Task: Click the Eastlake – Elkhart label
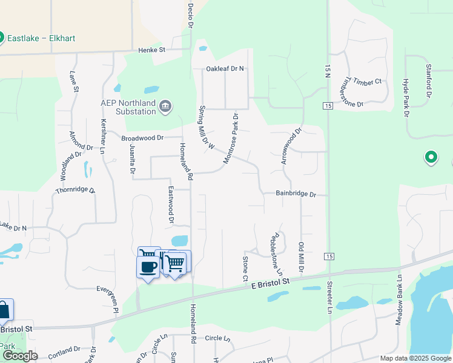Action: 41,38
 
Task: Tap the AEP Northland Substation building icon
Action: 165,108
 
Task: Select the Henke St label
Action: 151,50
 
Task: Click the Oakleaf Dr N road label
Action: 225,69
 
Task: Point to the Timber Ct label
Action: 369,82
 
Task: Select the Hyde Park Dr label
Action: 406,96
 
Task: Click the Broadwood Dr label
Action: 142,138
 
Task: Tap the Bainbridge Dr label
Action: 296,194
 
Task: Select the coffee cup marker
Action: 147,267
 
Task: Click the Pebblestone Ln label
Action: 278,253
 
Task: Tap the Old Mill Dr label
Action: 301,257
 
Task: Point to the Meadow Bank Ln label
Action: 399,301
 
